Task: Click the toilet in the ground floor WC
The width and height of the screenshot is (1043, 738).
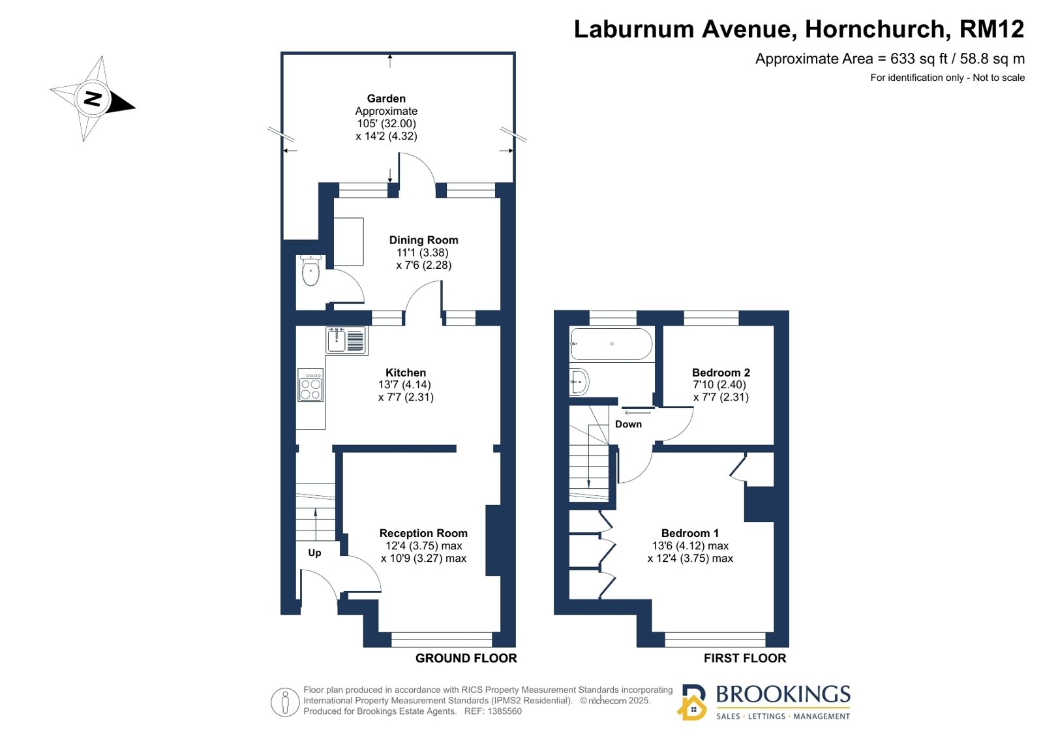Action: tap(310, 269)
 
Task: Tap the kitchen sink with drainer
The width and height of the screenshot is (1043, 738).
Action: tap(346, 340)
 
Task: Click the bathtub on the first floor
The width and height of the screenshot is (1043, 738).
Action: tap(611, 344)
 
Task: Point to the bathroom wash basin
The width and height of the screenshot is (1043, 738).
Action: tap(579, 382)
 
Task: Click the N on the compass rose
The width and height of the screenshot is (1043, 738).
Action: tap(93, 99)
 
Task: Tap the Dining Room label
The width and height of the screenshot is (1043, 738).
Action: tap(424, 240)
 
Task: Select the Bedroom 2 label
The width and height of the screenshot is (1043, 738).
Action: tap(721, 373)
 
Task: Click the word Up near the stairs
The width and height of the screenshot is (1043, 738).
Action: tap(315, 553)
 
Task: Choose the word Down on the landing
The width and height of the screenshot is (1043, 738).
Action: tap(628, 424)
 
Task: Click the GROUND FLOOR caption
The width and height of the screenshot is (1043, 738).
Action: tap(466, 658)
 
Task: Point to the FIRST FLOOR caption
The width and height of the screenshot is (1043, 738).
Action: tap(745, 658)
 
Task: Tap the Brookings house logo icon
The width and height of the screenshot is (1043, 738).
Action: tap(692, 703)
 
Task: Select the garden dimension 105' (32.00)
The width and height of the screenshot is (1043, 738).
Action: tap(386, 123)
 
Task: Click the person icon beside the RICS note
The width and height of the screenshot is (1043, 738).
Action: tap(285, 702)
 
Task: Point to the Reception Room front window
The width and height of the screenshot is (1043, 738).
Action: tap(442, 639)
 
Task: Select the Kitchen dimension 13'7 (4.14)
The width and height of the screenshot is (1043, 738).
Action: tap(404, 385)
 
